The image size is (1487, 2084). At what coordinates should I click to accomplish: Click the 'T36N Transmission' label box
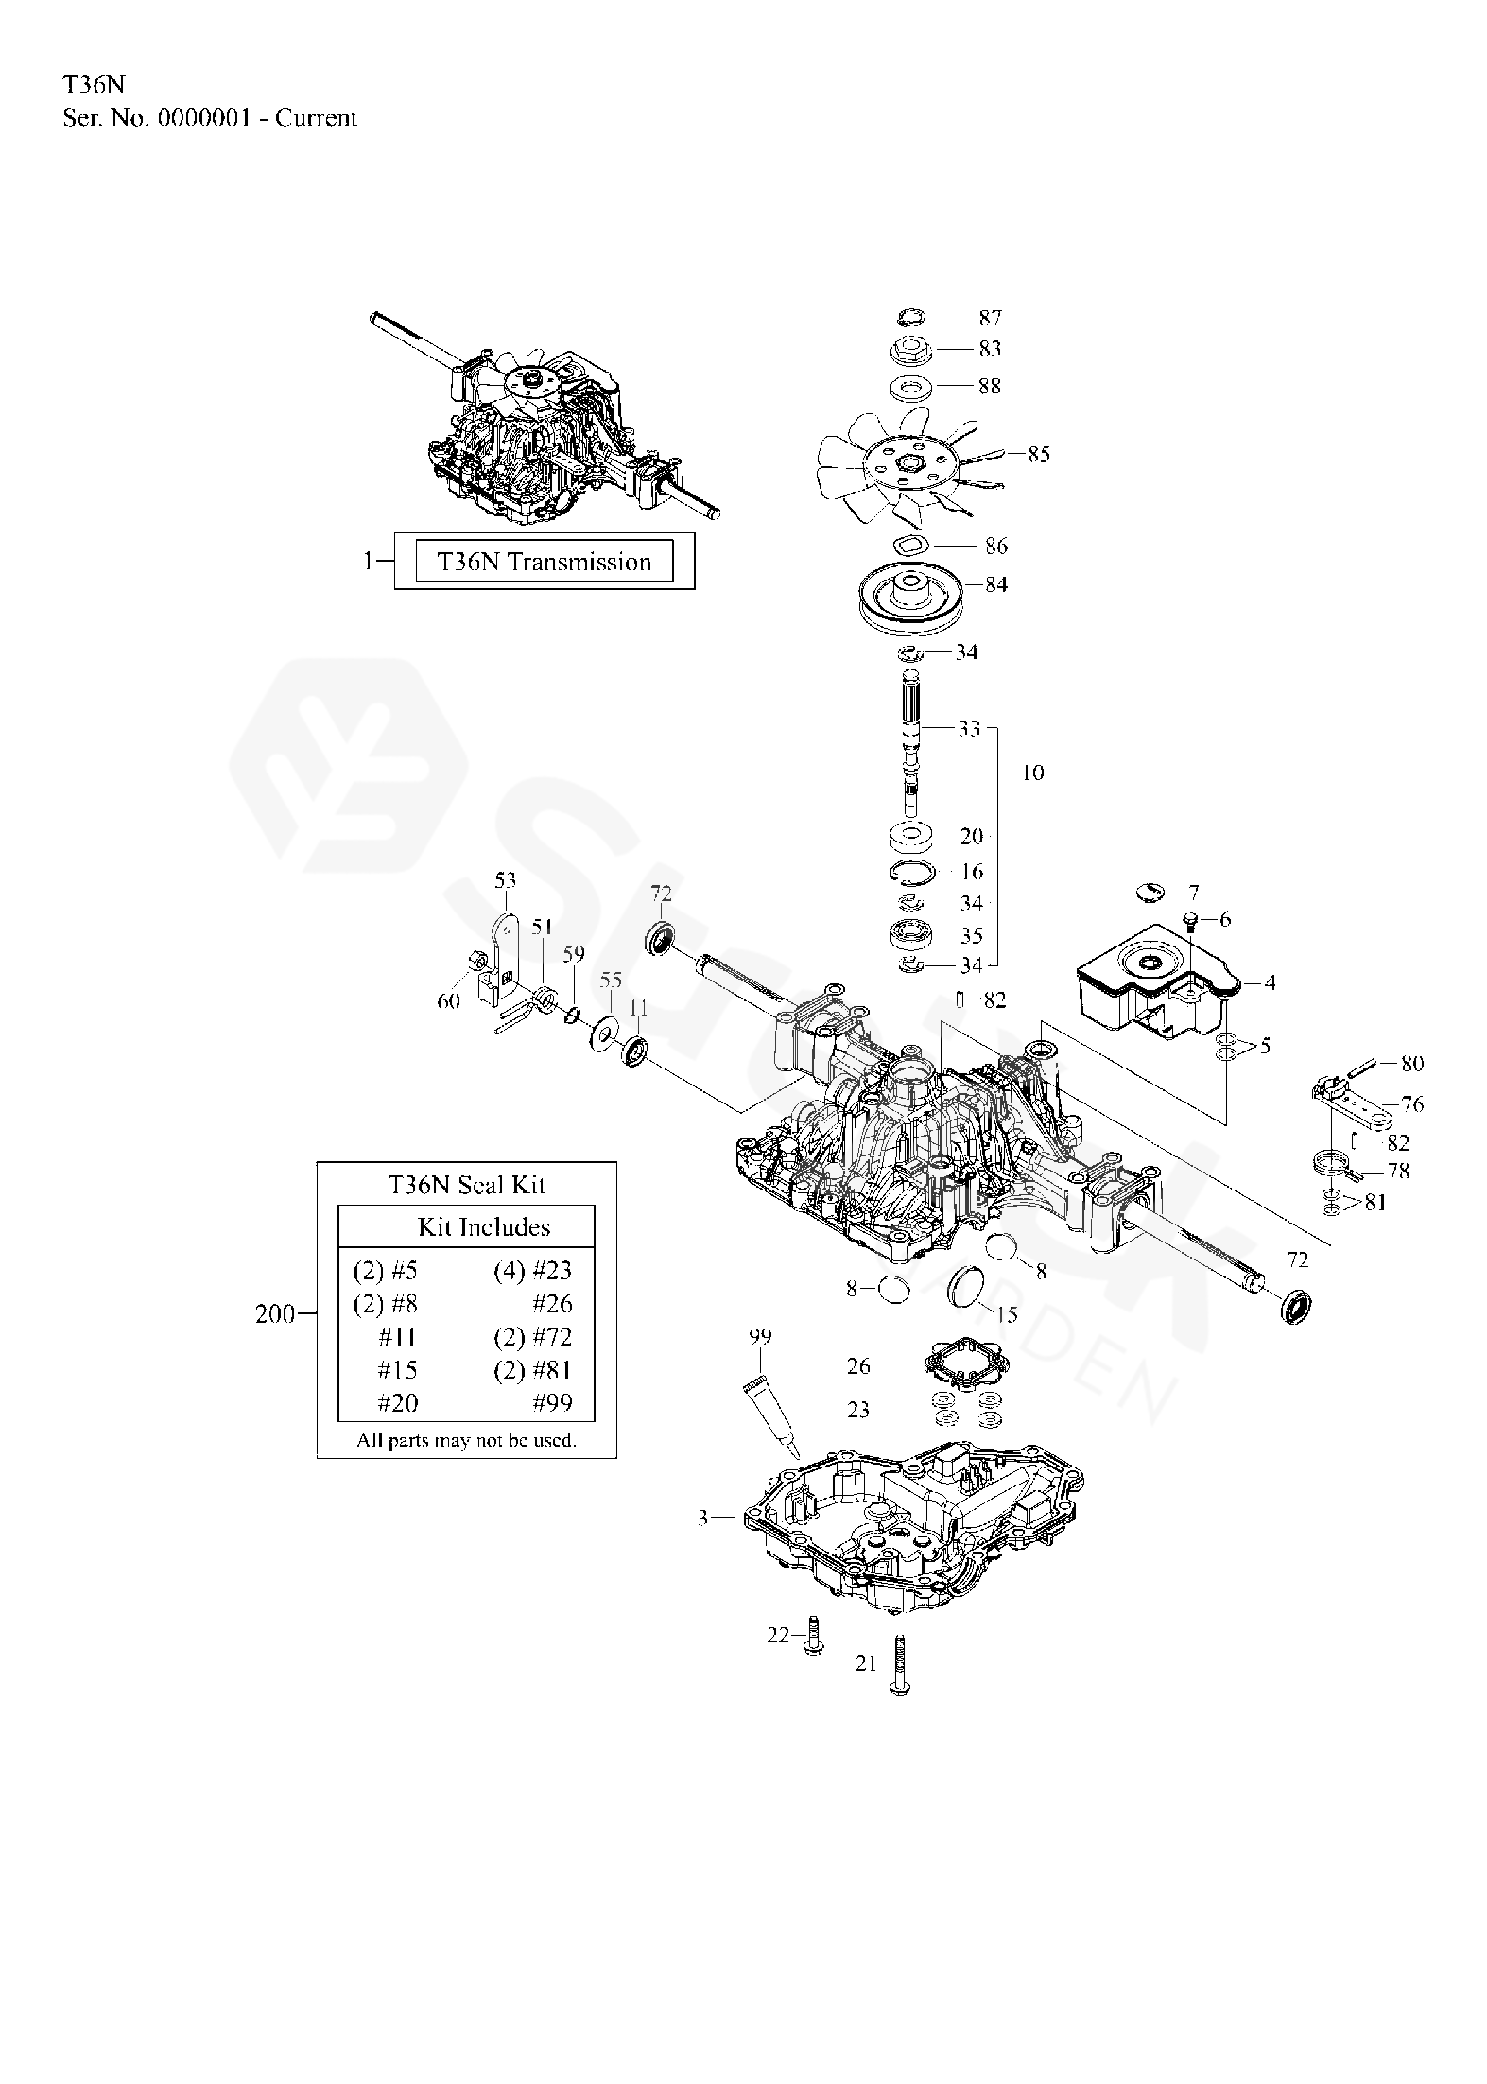point(545,562)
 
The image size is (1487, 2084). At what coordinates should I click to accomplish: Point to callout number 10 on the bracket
point(1033,773)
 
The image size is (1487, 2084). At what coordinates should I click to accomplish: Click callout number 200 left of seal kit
point(275,1313)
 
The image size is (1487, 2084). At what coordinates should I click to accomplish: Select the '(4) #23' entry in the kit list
point(532,1271)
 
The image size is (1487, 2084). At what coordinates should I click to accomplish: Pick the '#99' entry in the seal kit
point(554,1402)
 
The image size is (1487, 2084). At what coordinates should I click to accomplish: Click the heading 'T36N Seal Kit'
point(466,1184)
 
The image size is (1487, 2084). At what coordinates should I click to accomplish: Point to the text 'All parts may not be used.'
point(466,1440)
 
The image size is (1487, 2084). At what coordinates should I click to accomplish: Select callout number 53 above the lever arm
point(506,881)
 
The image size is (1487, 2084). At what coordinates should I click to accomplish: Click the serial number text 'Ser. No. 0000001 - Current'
point(210,118)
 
